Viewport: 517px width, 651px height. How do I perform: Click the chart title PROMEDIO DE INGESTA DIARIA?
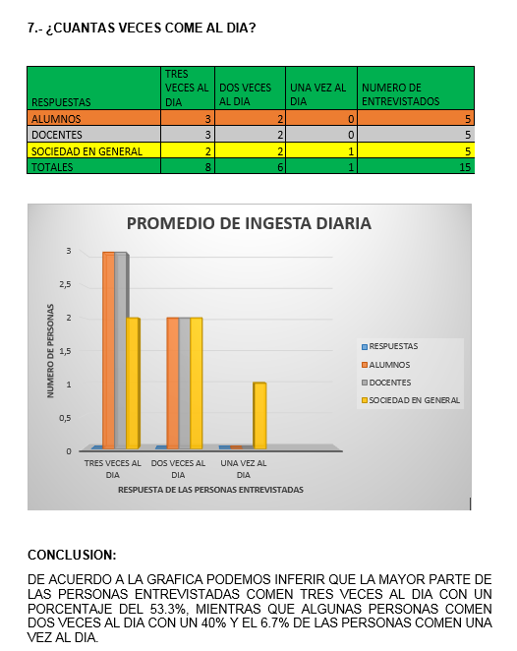point(249,223)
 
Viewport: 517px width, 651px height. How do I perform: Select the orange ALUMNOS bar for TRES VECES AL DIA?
point(109,349)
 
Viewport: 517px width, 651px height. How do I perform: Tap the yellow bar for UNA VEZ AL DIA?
point(259,415)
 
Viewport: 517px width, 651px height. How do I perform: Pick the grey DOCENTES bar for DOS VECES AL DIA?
point(185,383)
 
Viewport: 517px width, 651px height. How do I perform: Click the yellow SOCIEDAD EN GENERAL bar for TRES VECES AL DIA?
point(133,383)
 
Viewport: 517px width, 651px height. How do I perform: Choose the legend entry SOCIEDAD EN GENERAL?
point(414,400)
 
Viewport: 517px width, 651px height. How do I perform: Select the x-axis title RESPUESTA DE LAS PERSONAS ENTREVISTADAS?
point(210,489)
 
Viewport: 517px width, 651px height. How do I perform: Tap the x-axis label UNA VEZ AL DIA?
point(244,468)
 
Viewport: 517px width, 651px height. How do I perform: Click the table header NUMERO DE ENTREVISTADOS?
point(391,94)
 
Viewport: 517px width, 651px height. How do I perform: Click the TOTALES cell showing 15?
point(467,167)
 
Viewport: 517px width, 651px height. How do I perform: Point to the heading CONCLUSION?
point(72,555)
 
